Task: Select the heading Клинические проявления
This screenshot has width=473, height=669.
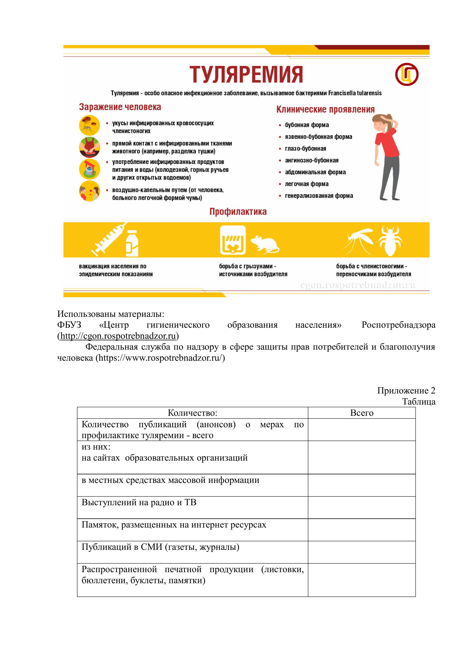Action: coord(325,110)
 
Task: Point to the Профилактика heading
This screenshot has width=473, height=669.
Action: coord(238,212)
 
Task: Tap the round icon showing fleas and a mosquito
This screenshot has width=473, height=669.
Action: coord(89,125)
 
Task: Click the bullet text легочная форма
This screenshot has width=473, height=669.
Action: coord(307,184)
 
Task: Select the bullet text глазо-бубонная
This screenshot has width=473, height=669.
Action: coord(305,149)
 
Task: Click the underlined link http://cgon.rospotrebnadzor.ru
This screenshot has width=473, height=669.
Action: coord(118,336)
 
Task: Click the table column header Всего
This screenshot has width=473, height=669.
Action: coord(361,413)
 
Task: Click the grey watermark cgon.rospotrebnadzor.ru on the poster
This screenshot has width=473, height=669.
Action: coord(358,285)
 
